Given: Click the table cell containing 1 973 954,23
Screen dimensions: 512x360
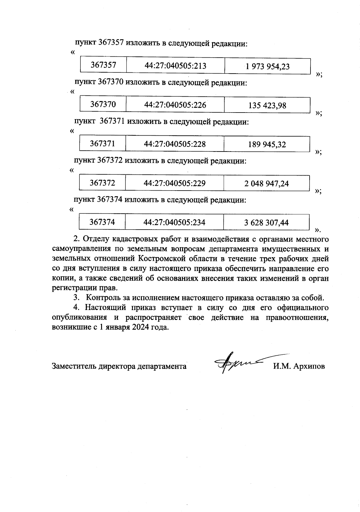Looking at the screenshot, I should click(267, 66).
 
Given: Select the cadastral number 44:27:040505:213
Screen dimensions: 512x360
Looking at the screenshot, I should click(175, 66).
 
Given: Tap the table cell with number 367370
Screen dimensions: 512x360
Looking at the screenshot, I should click(103, 104).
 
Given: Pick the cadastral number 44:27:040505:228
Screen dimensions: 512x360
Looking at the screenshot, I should click(175, 144).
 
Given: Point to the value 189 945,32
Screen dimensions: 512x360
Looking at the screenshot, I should click(267, 145).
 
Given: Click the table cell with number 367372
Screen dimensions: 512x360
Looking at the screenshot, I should click(102, 183).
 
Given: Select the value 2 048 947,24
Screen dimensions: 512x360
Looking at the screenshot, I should click(266, 183).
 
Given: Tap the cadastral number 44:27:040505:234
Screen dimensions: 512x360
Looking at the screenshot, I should click(174, 222).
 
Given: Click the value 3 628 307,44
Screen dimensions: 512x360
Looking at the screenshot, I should click(266, 223).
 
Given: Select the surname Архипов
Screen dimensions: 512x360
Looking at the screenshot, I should click(309, 366).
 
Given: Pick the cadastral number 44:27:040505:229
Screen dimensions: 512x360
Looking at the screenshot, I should click(175, 183).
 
